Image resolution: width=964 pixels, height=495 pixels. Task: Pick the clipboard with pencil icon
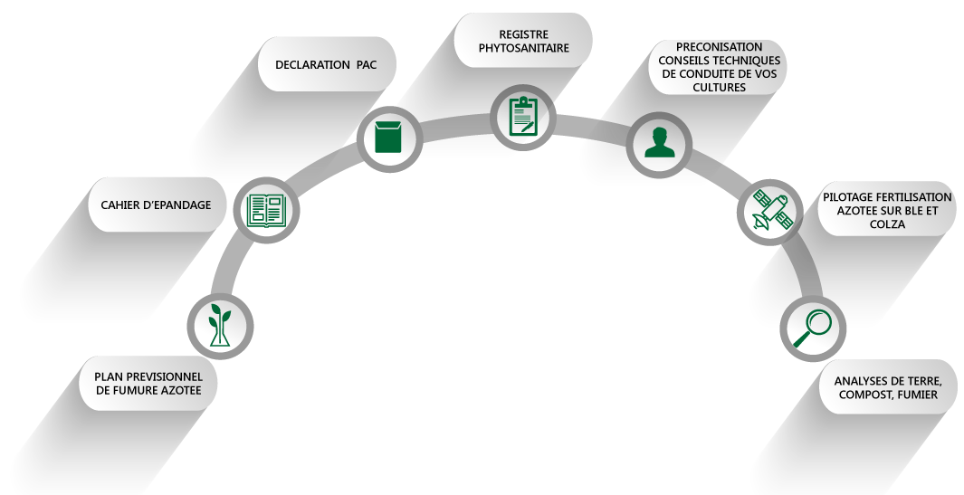pyautogui.click(x=522, y=116)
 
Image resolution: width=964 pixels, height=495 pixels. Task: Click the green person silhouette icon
pyautogui.click(x=659, y=142)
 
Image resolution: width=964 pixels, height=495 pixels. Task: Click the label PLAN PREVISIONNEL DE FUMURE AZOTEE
pyautogui.click(x=156, y=384)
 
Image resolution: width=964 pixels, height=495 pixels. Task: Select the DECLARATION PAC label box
pyautogui.click(x=326, y=64)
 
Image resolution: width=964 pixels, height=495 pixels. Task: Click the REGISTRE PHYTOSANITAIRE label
pyautogui.click(x=523, y=41)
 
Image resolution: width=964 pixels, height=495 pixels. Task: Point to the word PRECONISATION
pyautogui.click(x=718, y=47)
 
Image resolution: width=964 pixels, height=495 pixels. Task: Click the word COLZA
pyautogui.click(x=887, y=224)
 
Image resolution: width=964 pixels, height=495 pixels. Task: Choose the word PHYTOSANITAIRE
pyautogui.click(x=523, y=48)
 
